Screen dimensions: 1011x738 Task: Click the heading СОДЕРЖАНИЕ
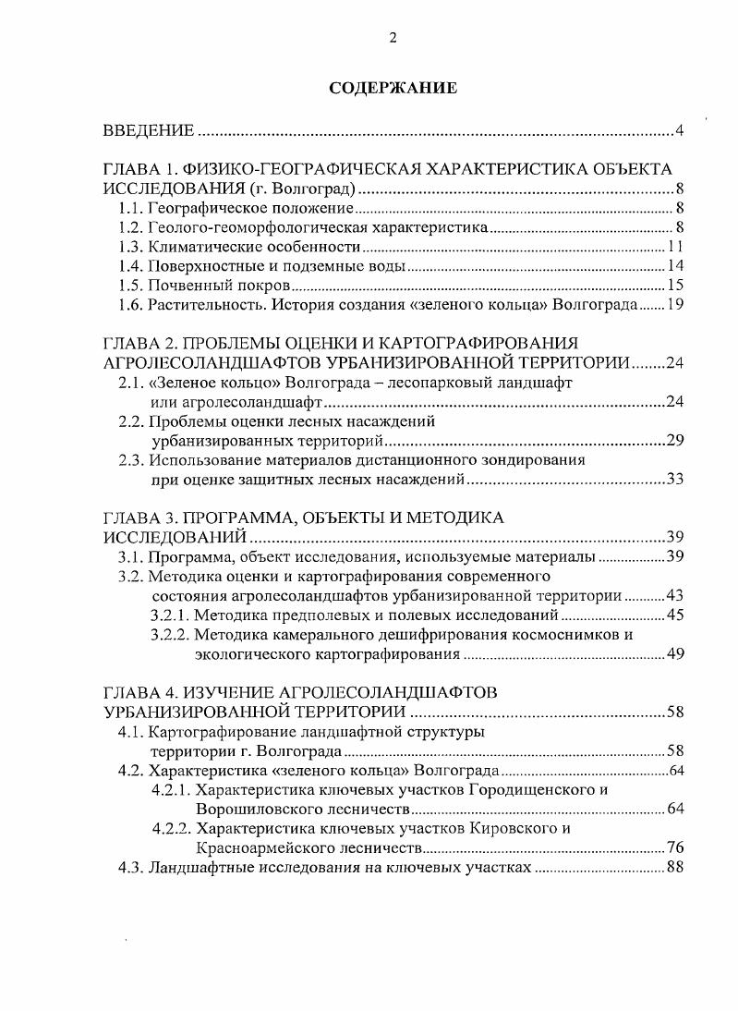tap(393, 90)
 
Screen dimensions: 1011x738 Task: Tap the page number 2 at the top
tap(393, 37)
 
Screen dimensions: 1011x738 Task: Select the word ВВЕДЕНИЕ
tap(148, 130)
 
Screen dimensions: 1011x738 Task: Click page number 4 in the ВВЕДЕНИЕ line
tap(678, 130)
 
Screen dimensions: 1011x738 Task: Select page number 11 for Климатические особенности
tap(674, 248)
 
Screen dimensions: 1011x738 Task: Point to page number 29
tap(674, 440)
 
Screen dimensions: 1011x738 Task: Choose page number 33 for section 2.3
tap(674, 480)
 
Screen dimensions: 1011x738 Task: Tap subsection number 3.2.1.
tap(171, 615)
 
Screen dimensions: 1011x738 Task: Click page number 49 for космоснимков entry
tap(674, 654)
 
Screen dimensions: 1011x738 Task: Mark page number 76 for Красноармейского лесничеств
tap(674, 847)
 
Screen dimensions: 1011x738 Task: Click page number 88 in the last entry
tap(674, 868)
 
